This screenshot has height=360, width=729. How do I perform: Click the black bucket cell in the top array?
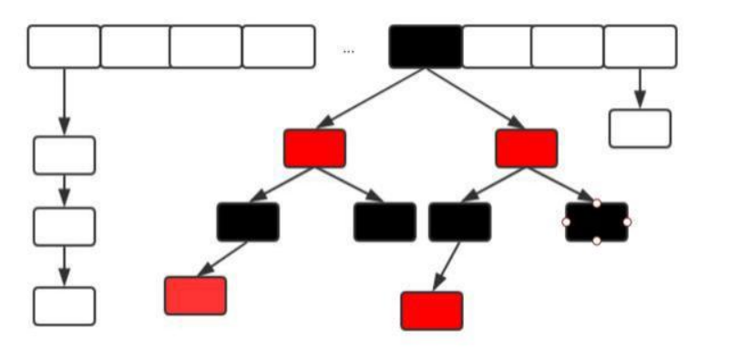pyautogui.click(x=426, y=46)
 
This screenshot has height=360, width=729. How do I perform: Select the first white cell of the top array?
pyautogui.click(x=64, y=46)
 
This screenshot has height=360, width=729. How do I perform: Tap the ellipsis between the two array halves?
pyautogui.click(x=349, y=51)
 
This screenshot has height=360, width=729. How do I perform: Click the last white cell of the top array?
pyautogui.click(x=641, y=46)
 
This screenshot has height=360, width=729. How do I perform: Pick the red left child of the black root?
pyautogui.click(x=314, y=149)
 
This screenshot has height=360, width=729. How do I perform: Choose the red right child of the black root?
pyautogui.click(x=527, y=149)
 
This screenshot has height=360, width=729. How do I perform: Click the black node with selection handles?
pyautogui.click(x=597, y=222)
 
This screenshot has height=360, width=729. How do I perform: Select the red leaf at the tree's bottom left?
pyautogui.click(x=195, y=296)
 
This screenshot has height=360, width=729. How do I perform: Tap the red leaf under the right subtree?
pyautogui.click(x=432, y=311)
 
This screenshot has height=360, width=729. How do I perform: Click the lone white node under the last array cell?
pyautogui.click(x=640, y=129)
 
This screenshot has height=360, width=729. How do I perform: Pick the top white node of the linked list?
pyautogui.click(x=64, y=155)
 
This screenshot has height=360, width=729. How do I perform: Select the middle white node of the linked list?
pyautogui.click(x=64, y=226)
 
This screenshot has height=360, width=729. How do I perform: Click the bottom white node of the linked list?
pyautogui.click(x=64, y=306)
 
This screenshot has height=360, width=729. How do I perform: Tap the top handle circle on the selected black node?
pyautogui.click(x=597, y=203)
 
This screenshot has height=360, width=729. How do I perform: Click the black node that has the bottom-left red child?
pyautogui.click(x=248, y=222)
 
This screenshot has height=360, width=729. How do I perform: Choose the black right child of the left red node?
pyautogui.click(x=385, y=222)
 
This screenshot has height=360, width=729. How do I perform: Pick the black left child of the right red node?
pyautogui.click(x=460, y=222)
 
